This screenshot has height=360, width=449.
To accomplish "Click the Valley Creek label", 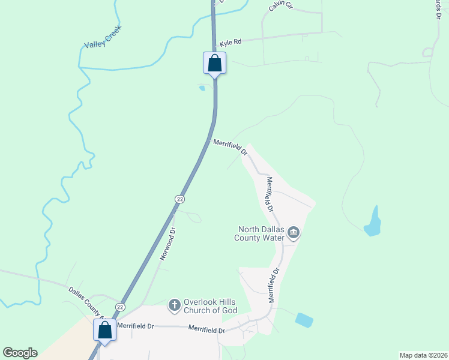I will (103, 38).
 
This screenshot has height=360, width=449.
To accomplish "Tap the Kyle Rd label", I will (230, 43).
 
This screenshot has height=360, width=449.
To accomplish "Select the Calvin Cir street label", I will (280, 6).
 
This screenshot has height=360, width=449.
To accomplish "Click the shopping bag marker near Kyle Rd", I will (215, 62).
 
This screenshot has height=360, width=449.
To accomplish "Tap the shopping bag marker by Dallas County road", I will (105, 330).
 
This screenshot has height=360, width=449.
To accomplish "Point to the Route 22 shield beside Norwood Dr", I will (179, 199).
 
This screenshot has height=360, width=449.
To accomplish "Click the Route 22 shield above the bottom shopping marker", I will (121, 307).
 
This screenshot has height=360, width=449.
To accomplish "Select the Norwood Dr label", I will (167, 243).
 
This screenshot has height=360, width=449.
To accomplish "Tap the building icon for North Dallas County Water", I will (293, 233).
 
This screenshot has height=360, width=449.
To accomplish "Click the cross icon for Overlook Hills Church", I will (174, 305).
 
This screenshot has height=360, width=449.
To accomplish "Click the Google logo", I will (20, 353).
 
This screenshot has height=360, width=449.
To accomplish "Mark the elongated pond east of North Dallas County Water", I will (373, 221).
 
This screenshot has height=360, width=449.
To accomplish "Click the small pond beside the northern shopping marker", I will (202, 88).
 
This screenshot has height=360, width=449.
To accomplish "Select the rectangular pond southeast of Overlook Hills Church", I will (304, 320).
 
